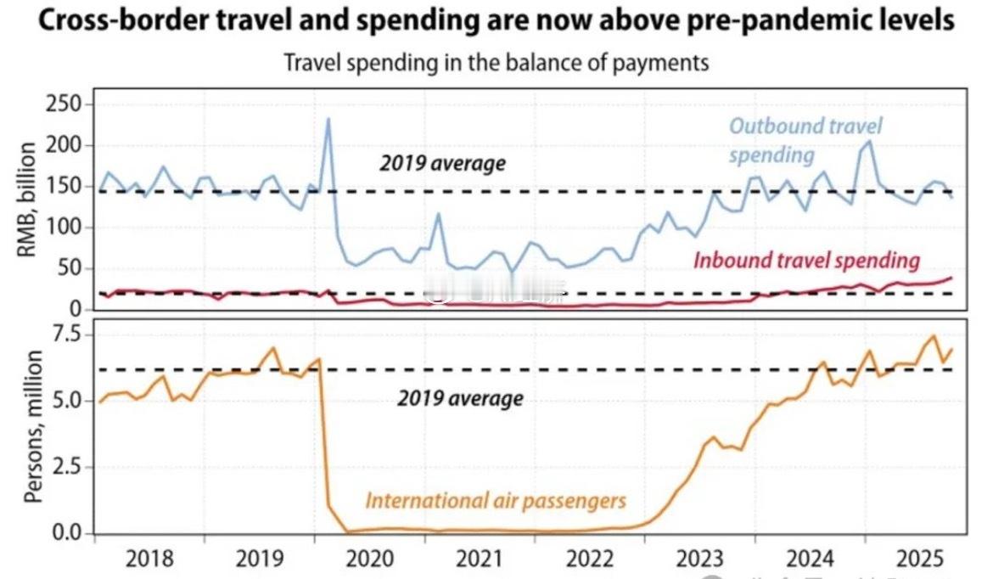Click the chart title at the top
[496, 21]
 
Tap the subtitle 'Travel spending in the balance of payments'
[496, 63]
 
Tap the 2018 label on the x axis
[149, 559]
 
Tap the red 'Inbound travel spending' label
[806, 260]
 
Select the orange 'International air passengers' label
[496, 500]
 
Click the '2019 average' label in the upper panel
[442, 163]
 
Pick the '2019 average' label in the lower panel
[460, 398]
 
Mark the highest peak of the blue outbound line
[328, 120]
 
